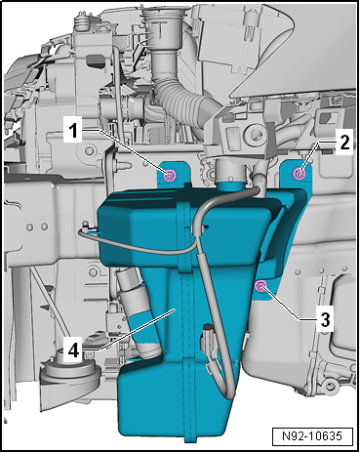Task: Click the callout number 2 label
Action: click(x=344, y=143)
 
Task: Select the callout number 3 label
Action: click(x=325, y=320)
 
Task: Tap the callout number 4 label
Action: click(x=73, y=350)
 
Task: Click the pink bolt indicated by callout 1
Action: click(x=170, y=176)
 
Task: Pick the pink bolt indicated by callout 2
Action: click(x=300, y=174)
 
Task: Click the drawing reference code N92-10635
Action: click(x=312, y=436)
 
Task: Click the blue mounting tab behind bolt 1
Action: click(x=174, y=175)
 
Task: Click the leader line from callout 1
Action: click(x=126, y=152)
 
